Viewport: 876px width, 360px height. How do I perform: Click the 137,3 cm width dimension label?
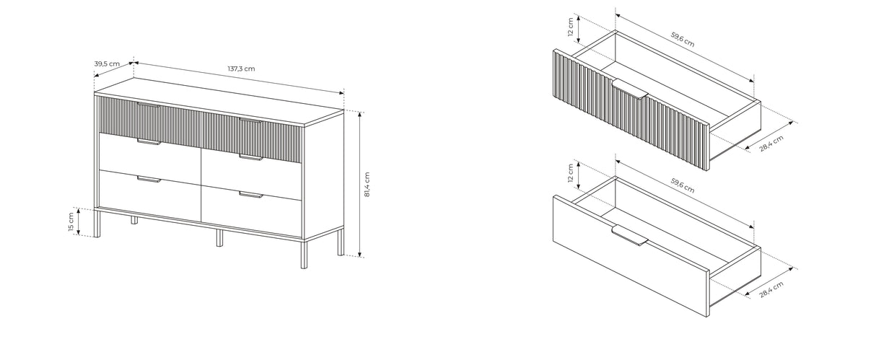coord(241,69)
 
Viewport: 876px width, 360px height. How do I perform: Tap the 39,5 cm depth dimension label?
coord(107,63)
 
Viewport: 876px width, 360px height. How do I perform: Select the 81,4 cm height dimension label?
coord(367,184)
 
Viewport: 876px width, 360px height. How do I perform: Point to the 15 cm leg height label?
coord(71,222)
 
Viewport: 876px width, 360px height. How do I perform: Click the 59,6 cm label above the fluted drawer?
coord(683,40)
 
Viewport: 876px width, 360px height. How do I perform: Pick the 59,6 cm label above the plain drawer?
coord(683,185)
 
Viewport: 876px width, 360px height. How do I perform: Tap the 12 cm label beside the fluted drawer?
coord(570,27)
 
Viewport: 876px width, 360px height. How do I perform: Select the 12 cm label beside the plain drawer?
coord(570,172)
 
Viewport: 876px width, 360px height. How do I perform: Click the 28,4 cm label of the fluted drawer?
coord(771,144)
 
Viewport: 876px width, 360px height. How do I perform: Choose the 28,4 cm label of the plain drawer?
coord(771,289)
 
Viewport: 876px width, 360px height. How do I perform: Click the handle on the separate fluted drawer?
coord(630,90)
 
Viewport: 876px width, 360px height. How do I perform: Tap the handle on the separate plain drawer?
coord(630,236)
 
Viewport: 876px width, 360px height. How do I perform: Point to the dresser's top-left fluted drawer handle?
coord(149,105)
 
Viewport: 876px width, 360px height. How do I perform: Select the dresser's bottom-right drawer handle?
coord(251,195)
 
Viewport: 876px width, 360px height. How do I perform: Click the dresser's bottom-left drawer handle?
coord(149,179)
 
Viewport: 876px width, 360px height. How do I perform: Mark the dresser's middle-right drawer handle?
coord(251,157)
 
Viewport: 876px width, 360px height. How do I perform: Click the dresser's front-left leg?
coord(97,223)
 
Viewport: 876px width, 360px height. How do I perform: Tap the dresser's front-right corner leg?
coord(304,254)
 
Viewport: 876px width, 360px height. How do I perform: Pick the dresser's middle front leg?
coord(219,237)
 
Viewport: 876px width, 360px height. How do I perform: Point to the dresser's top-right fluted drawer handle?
coord(250,120)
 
